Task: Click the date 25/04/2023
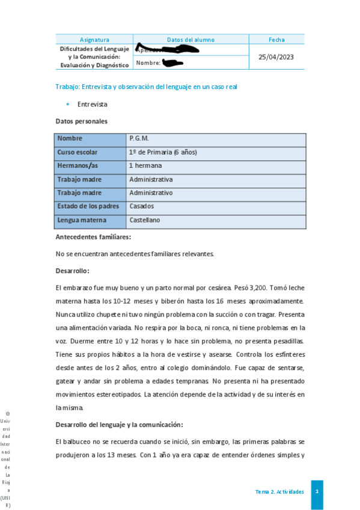tap(276, 57)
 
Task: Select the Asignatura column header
tap(94, 40)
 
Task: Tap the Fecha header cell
tap(276, 40)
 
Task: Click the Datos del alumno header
tap(191, 40)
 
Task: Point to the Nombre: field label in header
tap(148, 63)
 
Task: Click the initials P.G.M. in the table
tap(139, 138)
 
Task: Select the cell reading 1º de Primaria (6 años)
tap(163, 152)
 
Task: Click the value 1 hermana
tap(145, 165)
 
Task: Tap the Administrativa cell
tap(151, 179)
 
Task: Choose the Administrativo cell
tap(151, 193)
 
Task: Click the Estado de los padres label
tap(88, 206)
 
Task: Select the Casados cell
tap(142, 206)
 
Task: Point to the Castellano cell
tap(145, 220)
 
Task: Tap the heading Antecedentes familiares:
tap(93, 237)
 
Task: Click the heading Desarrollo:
tap(72, 271)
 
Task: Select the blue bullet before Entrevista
tap(67, 104)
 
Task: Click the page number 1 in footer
tap(317, 491)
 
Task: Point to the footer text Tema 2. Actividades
tap(279, 492)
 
